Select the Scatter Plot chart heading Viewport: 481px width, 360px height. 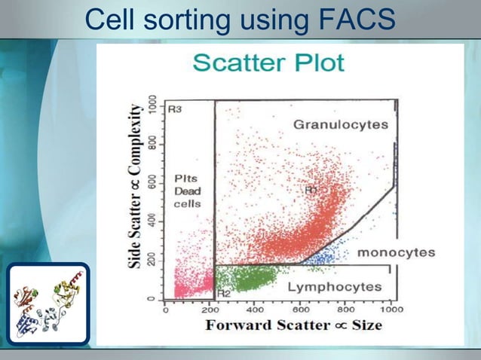(x=268, y=62)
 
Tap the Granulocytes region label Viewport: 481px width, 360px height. (x=341, y=124)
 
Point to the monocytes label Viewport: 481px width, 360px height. (x=395, y=252)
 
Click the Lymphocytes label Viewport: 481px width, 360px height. (x=335, y=287)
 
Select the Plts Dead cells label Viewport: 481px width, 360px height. (x=188, y=191)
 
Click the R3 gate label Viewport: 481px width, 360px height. (x=174, y=110)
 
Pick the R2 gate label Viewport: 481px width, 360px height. (x=223, y=293)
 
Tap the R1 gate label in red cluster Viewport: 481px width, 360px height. (x=311, y=191)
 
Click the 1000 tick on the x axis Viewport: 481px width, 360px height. (x=391, y=309)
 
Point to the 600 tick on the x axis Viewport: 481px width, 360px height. (x=301, y=309)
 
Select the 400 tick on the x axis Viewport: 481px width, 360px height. (x=255, y=309)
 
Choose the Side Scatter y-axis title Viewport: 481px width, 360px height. (x=136, y=186)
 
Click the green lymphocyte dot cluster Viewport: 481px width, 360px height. (x=253, y=279)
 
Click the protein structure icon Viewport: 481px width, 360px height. (x=48, y=303)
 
